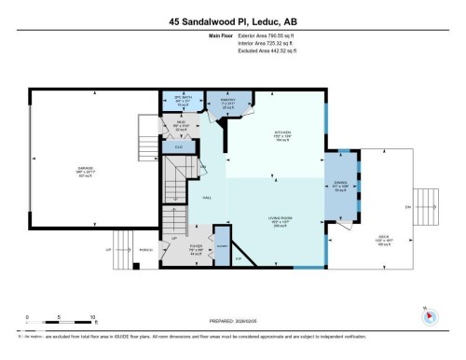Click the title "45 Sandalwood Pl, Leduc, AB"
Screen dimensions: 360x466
click(233, 21)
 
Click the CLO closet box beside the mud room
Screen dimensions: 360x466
click(179, 145)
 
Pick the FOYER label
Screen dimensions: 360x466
click(197, 249)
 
